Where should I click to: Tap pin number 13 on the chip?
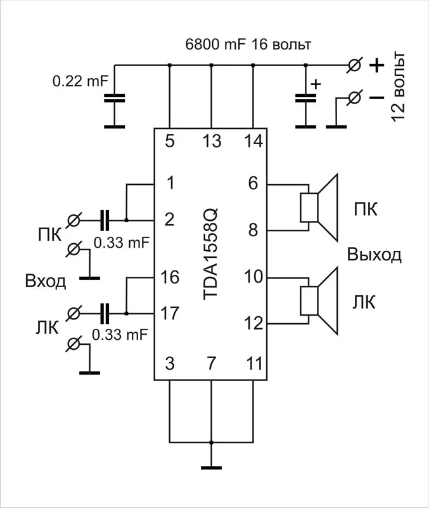[210, 141]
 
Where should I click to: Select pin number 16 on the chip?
[170, 277]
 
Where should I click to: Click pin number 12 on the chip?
[253, 324]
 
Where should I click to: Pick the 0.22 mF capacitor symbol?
[115, 98]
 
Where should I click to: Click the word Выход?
[374, 255]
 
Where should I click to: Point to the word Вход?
[45, 281]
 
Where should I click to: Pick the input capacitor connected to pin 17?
[105, 313]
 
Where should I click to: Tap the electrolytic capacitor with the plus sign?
[305, 98]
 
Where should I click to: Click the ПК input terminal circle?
[75, 220]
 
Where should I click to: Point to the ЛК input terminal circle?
[75, 313]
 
